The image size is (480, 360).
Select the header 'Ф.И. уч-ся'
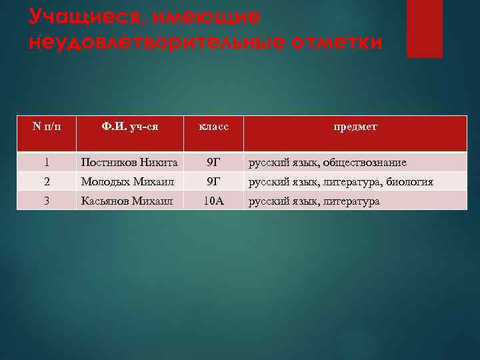(x=129, y=126)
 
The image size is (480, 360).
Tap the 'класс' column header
(x=213, y=126)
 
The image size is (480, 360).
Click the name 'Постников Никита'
(x=129, y=163)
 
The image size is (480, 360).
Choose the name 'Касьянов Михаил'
(x=126, y=201)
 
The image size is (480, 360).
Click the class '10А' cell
(x=213, y=201)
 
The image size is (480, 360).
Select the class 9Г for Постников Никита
(x=213, y=163)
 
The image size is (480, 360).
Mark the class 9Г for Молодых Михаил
(x=213, y=181)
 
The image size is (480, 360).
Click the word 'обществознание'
(x=369, y=163)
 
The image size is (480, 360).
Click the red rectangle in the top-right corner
(x=424, y=28)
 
